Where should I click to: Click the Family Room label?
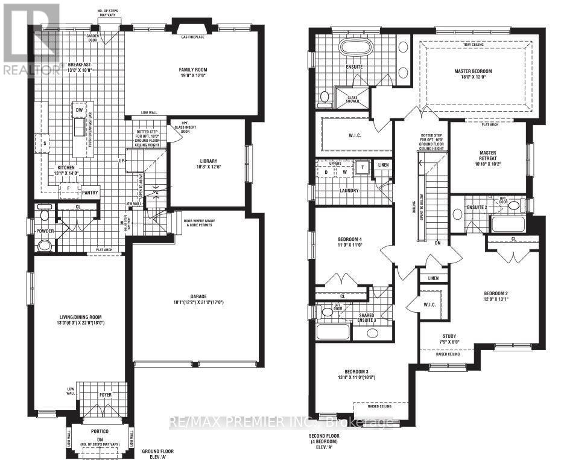192,70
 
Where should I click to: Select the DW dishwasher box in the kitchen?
79,109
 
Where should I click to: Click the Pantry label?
91,193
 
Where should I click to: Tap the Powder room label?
45,231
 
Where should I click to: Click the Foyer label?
105,395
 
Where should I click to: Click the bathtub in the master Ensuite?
358,48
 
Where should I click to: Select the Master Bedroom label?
473,71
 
